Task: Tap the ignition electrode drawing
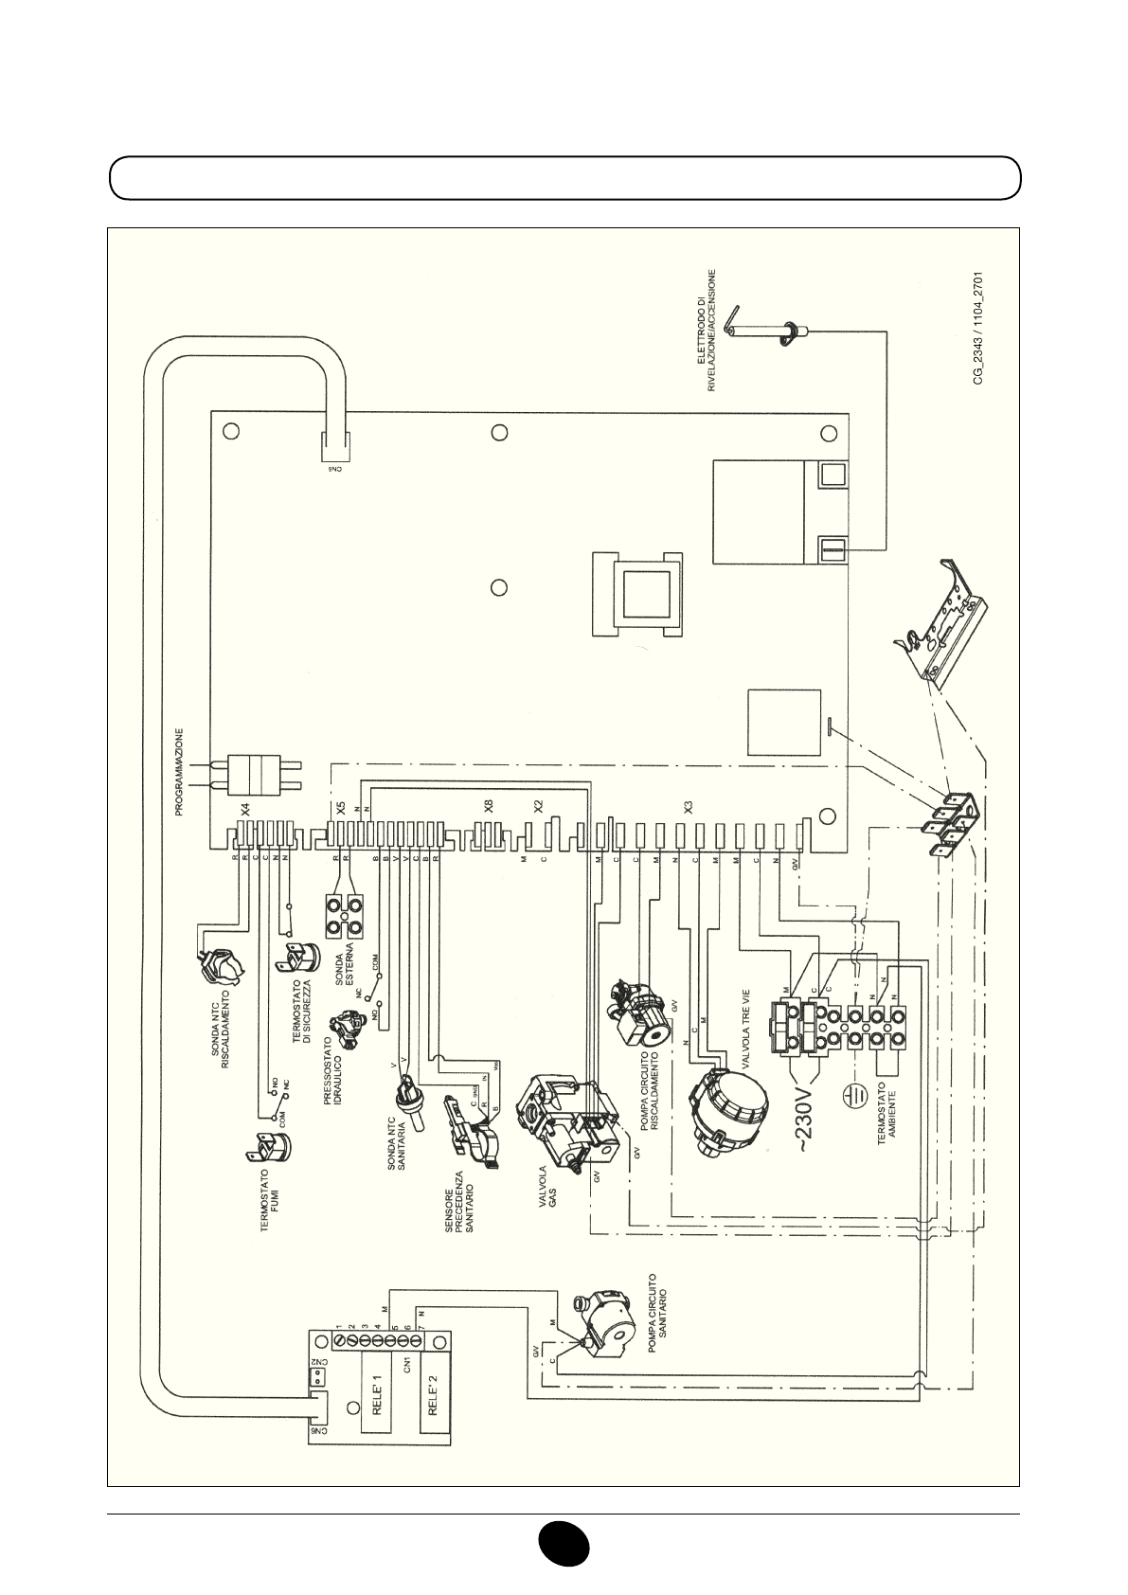(x=758, y=332)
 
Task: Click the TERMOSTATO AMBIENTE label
(x=887, y=1118)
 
